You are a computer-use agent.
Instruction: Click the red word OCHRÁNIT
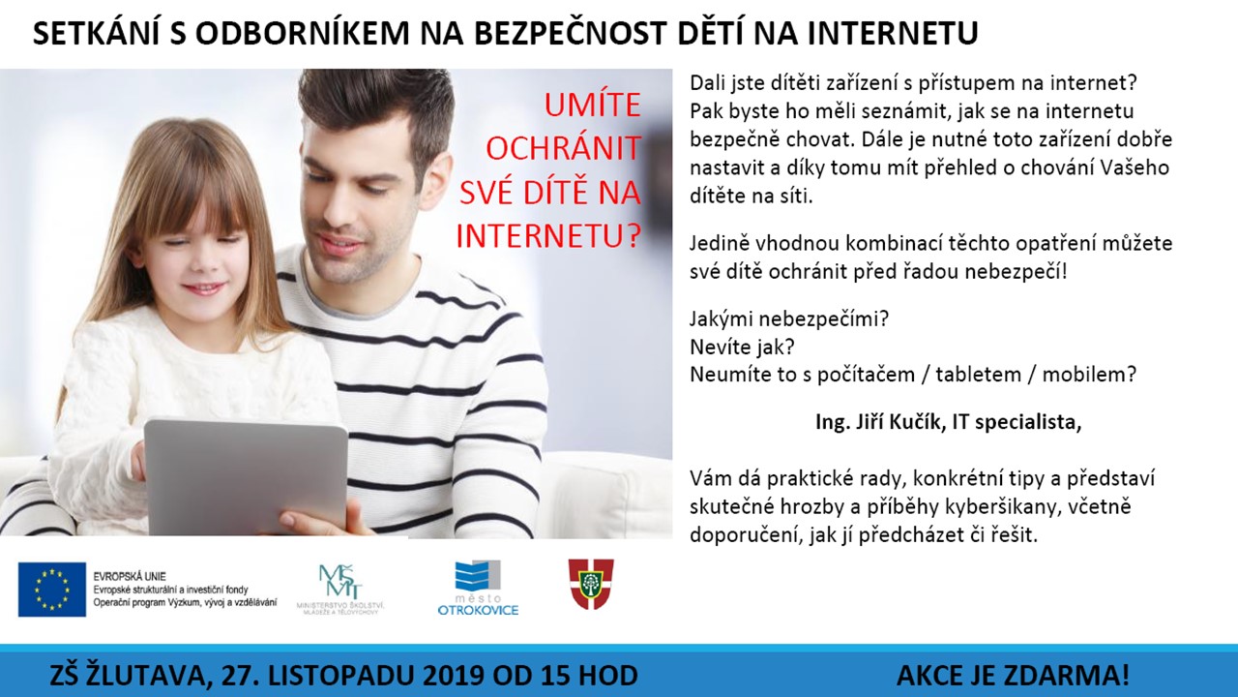click(x=563, y=148)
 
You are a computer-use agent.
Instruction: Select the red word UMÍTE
click(x=593, y=106)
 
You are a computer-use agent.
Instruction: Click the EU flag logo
click(x=52, y=590)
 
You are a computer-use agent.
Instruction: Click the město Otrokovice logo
click(x=478, y=588)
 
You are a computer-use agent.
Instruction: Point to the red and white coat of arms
click(x=591, y=584)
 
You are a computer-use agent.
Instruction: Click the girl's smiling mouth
click(x=203, y=288)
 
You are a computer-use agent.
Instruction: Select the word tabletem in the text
click(x=978, y=375)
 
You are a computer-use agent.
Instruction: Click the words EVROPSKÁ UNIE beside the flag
click(x=130, y=576)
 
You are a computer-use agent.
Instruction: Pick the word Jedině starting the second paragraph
click(x=719, y=244)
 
